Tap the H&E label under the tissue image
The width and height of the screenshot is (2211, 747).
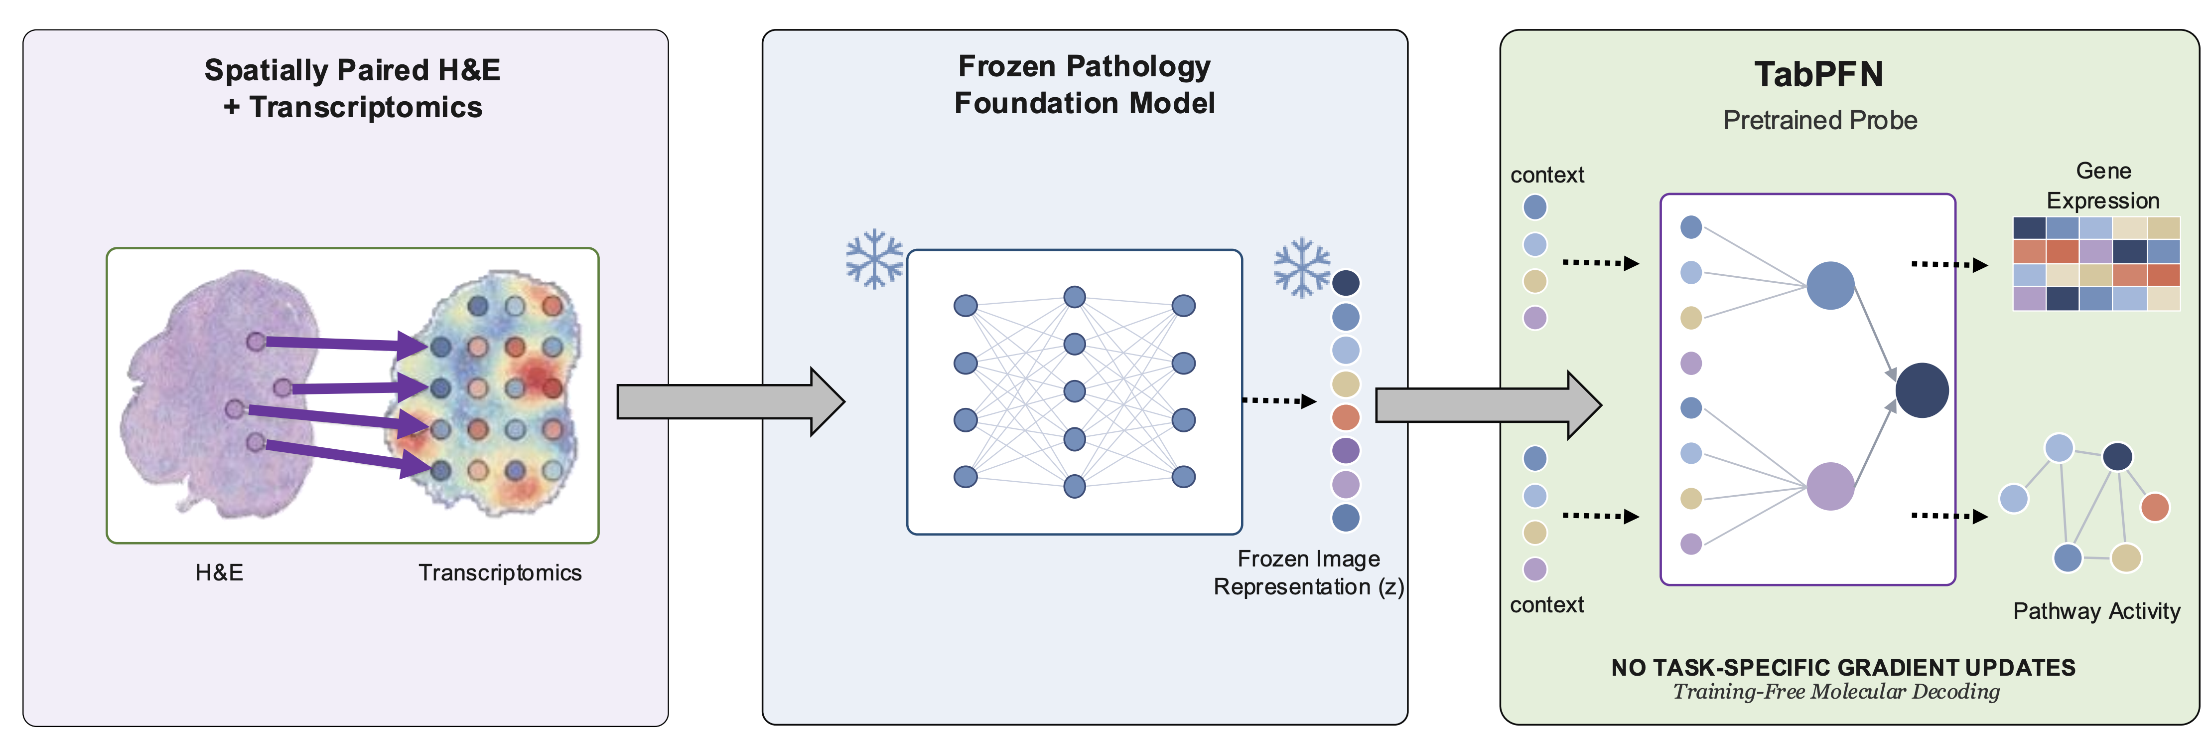point(219,572)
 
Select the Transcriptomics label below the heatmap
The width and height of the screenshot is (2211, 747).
point(500,572)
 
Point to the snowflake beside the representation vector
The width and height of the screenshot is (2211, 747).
point(1301,267)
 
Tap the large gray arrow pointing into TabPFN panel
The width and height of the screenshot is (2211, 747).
point(1488,405)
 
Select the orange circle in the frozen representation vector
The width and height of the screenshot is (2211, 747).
point(1345,417)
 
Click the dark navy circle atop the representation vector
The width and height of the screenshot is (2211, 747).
point(1345,282)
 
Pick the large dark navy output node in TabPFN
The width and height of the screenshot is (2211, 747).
point(1922,390)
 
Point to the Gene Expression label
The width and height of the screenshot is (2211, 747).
point(2103,186)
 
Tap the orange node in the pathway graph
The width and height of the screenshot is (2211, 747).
point(2155,507)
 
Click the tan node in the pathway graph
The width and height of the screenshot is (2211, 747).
point(2125,558)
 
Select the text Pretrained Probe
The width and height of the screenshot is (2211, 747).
point(1819,120)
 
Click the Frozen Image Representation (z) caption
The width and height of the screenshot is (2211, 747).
point(1309,572)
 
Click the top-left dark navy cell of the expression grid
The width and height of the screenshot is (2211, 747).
point(2029,227)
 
